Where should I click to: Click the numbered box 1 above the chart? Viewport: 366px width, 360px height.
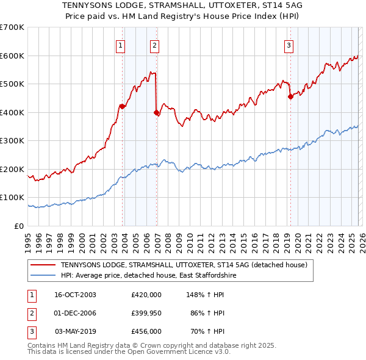[120, 45]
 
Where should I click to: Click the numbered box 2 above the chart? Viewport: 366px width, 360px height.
[154, 45]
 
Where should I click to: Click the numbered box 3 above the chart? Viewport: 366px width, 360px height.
[288, 45]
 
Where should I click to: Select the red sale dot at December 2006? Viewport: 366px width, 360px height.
[156, 112]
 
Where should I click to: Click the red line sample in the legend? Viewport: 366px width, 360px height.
[43, 265]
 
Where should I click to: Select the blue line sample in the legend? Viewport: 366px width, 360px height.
[43, 276]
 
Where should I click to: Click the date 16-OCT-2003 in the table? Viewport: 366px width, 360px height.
[75, 295]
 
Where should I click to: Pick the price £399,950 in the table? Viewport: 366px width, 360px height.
[146, 313]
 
